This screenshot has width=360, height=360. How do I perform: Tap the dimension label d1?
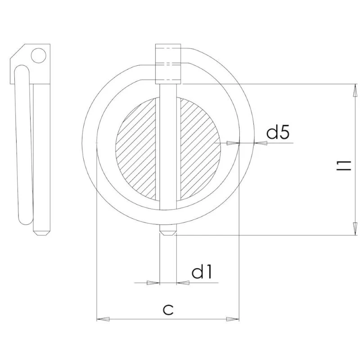(202, 273)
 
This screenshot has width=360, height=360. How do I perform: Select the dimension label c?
(168, 309)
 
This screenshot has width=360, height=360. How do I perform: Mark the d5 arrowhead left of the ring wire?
(233, 144)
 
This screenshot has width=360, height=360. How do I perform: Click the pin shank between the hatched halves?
(168, 148)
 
